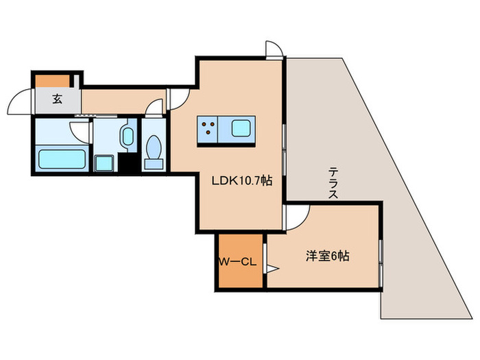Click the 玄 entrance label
57,99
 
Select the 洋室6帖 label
327,256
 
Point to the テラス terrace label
333,182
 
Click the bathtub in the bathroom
61,159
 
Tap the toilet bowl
153,151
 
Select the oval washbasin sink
127,136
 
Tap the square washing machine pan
104,163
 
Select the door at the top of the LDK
274,49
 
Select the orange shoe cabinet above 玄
53,80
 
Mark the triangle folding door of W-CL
271,269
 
